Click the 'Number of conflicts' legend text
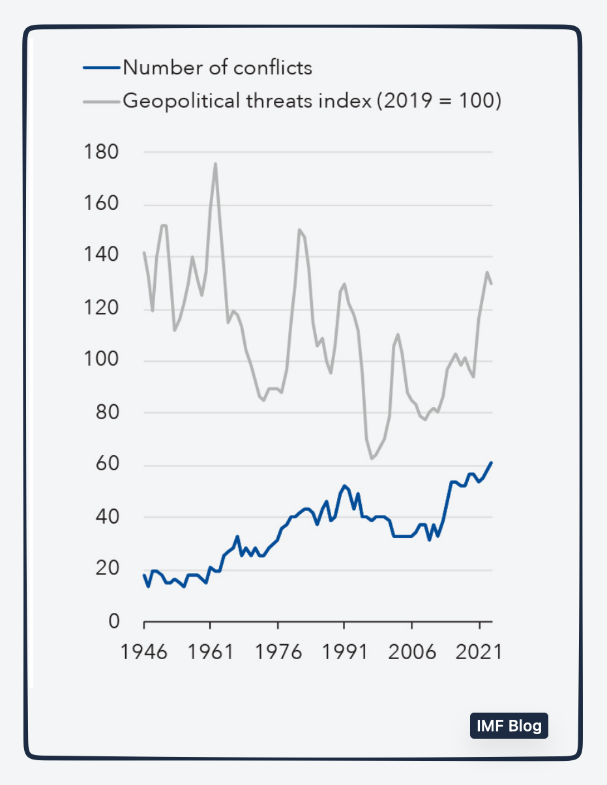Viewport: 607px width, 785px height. coord(217,67)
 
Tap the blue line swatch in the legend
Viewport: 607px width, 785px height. coord(102,67)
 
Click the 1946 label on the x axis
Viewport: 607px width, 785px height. coord(144,651)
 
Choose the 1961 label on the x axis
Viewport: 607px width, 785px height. coord(211,651)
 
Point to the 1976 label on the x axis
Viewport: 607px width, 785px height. coord(278,651)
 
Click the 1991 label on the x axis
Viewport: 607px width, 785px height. coord(345,651)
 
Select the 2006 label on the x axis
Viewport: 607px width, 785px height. coord(412,651)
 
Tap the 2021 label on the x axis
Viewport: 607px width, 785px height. coord(479,651)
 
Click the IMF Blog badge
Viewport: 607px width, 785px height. coord(509,726)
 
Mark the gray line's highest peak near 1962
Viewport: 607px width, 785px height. coord(215,164)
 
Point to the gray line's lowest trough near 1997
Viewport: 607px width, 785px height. coord(372,459)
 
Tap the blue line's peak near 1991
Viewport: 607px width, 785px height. coord(344,486)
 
